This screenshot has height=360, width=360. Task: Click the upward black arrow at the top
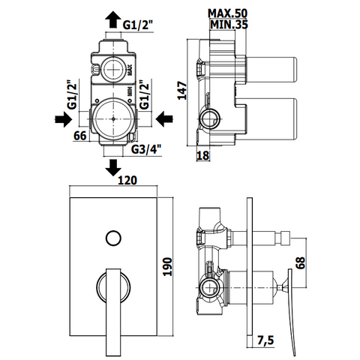pos(112,19)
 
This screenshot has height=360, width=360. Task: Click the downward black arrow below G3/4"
pos(113,168)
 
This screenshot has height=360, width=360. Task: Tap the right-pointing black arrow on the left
pos(64,119)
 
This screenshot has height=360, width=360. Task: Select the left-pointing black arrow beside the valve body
pos(164,118)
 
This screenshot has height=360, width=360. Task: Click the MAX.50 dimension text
pos(227,13)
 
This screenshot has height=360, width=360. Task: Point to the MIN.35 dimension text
pos(229,25)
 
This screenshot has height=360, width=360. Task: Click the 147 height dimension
pos(182,90)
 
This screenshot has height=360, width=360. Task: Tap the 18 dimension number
pos(202,155)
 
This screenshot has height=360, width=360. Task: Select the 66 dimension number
pos(80,136)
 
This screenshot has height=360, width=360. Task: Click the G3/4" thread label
pos(146,149)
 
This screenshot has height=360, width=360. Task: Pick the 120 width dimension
pos(127,180)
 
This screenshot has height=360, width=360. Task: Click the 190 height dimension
pos(167,266)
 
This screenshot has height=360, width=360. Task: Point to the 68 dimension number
pos(301,262)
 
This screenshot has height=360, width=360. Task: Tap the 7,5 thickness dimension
pos(265,340)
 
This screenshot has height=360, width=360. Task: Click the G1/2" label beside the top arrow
pos(138,25)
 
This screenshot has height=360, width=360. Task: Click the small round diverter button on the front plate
pos(113,238)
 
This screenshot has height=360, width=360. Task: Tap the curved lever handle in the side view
pos(292,312)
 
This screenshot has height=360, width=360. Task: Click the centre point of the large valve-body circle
pos(113,119)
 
